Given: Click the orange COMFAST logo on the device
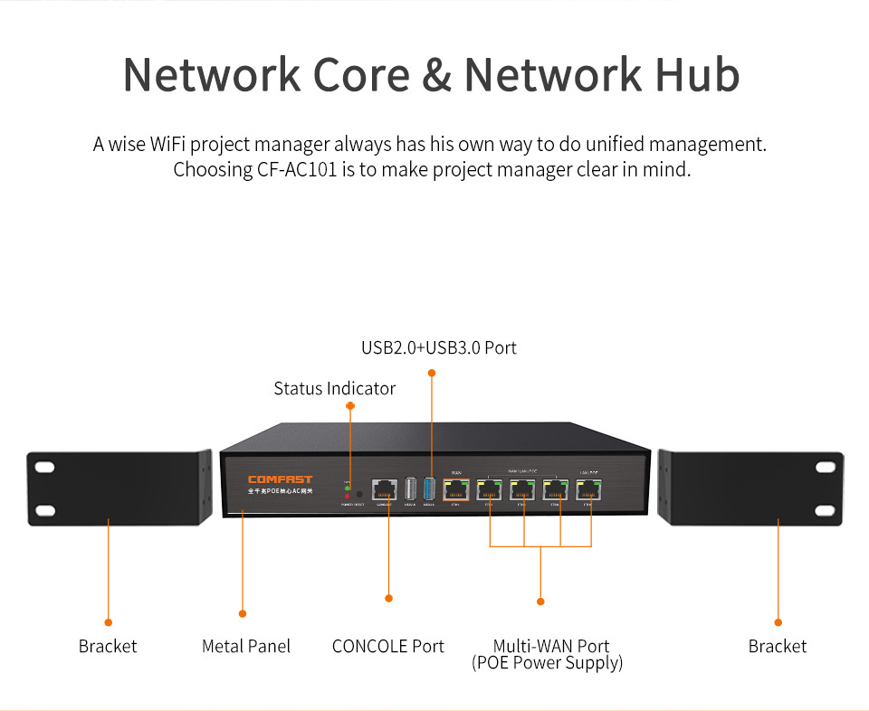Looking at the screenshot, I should (279, 480).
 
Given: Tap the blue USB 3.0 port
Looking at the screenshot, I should (429, 488).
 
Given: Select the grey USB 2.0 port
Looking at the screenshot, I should (410, 489).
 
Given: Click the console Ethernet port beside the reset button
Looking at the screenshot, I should (385, 489).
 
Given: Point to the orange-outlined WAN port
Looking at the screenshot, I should (455, 489).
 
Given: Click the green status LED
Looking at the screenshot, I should (348, 488).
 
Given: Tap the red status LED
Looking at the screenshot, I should (348, 497).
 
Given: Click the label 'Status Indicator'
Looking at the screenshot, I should (335, 388).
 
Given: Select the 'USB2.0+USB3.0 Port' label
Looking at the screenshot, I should (439, 347).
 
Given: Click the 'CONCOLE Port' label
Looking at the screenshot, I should (388, 646).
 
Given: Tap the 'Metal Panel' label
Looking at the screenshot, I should (246, 646).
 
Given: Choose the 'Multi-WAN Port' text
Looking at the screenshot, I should (551, 646).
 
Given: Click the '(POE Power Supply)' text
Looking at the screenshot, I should (547, 663).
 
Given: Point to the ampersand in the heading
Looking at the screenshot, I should (437, 75).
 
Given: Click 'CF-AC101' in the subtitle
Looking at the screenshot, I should (297, 169).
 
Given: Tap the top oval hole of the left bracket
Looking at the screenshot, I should (44, 468).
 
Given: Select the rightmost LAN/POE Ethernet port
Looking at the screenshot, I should (590, 489).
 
